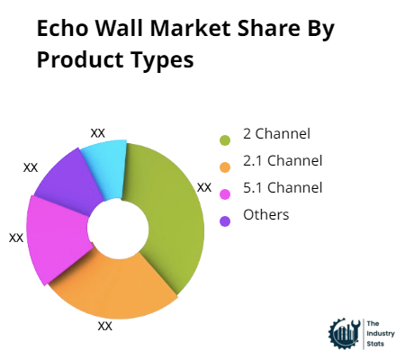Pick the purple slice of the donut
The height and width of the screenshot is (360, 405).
(70, 179)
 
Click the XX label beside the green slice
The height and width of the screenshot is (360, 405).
(204, 187)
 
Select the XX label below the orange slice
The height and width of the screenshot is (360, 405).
(104, 326)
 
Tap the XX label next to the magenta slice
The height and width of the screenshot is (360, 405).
(16, 238)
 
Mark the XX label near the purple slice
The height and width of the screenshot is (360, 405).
(31, 166)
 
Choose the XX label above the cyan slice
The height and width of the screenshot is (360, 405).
(98, 132)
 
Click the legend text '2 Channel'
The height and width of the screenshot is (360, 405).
(276, 134)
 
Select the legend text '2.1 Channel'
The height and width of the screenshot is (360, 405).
(283, 161)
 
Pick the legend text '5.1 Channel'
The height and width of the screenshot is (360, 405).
(283, 188)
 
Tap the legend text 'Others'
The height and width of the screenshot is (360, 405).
(265, 214)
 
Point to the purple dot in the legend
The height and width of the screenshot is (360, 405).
(224, 220)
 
